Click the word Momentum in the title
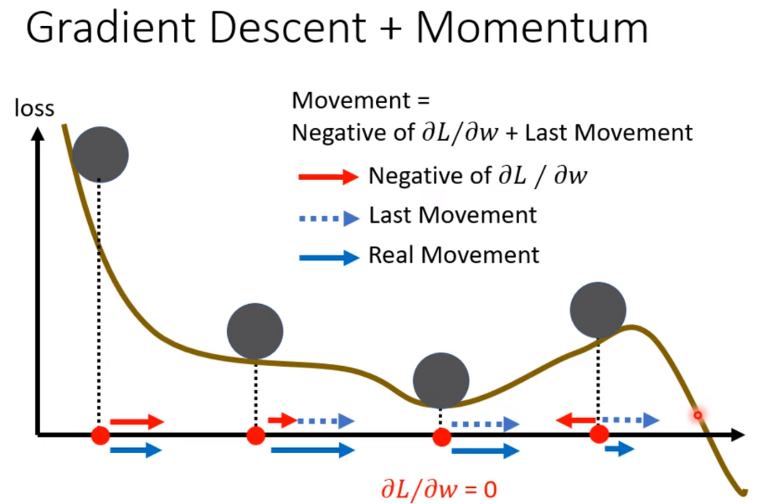point(532,28)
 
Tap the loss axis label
point(35,108)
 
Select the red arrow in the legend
point(328,177)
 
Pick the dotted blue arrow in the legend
point(329,218)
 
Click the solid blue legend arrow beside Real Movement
point(329,257)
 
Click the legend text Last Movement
point(452,215)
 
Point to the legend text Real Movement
point(453,256)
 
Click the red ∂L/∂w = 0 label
point(439,489)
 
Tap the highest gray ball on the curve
point(100,155)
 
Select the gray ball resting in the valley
point(441,380)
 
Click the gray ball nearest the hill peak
point(598,310)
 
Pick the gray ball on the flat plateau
point(255,331)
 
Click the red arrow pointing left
point(576,420)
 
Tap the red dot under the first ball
point(100,435)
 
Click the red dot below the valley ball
point(442,437)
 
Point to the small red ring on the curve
point(697,415)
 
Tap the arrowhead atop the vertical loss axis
point(37,134)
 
